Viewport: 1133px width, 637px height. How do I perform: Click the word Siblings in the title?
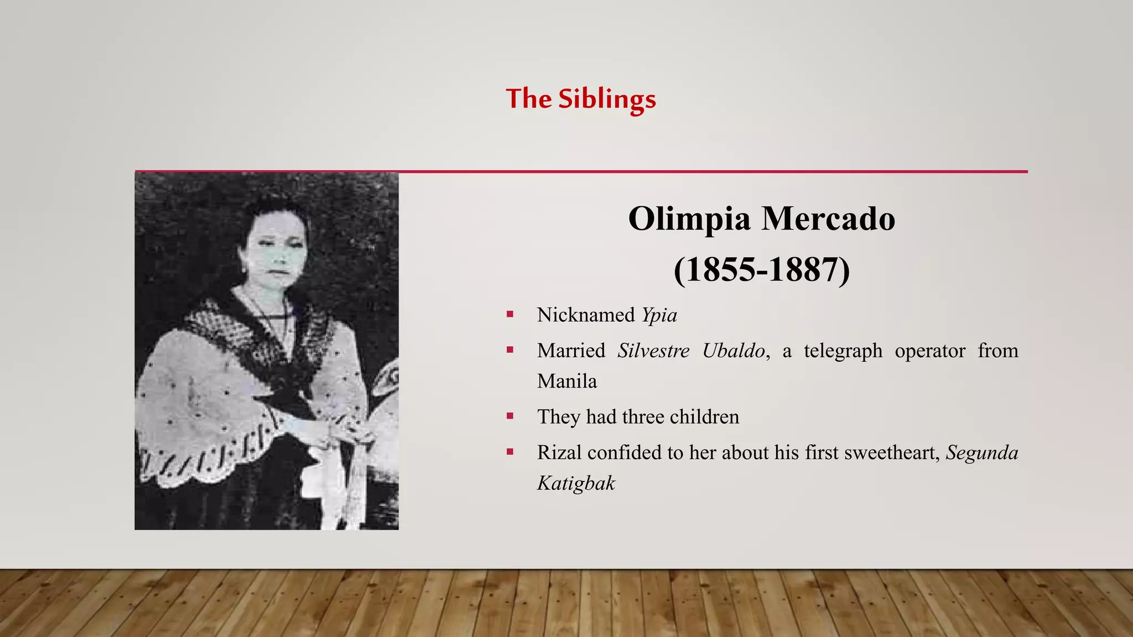click(607, 100)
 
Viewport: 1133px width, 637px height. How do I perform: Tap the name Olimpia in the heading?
click(689, 218)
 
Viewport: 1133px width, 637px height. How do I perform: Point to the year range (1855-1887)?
click(761, 270)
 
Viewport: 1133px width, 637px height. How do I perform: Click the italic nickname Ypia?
click(659, 315)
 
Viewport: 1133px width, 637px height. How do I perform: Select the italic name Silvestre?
click(653, 351)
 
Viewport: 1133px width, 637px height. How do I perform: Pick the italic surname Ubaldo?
click(734, 351)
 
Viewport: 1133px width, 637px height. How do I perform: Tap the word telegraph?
click(843, 351)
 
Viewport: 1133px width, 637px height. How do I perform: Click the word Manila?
click(567, 381)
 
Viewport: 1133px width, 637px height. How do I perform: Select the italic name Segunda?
click(982, 452)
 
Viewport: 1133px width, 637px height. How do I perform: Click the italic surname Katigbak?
click(576, 483)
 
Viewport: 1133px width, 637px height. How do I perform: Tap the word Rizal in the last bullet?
click(559, 452)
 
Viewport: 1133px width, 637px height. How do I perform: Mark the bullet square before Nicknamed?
click(510, 315)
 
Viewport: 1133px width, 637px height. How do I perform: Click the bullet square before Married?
click(510, 350)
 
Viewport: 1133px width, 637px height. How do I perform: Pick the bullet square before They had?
click(510, 416)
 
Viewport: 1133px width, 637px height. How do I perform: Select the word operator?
click(930, 351)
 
